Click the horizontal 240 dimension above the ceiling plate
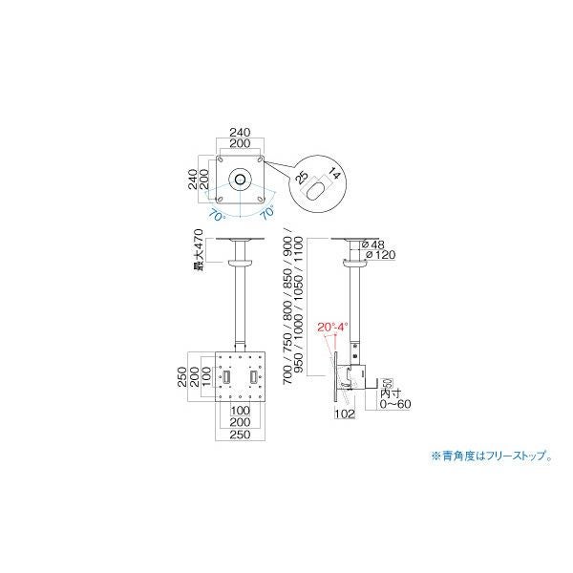tap(240, 132)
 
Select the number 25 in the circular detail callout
tap(302, 178)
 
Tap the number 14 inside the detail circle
tap(334, 174)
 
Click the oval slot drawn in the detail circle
tap(314, 190)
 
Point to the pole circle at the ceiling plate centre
tap(240, 180)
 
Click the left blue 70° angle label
tap(217, 215)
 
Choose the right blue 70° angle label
tap(267, 212)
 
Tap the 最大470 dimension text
tap(199, 251)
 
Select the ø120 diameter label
tap(380, 255)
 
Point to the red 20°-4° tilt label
tap(333, 327)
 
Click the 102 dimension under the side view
tap(344, 414)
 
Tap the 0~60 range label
tap(395, 404)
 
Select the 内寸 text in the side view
tap(391, 393)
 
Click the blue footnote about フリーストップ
tap(492, 456)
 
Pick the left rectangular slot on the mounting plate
tap(226, 377)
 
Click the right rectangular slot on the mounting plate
tap(254, 377)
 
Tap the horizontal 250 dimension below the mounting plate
tap(240, 435)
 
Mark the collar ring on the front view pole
tap(240, 263)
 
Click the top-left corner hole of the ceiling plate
tap(221, 159)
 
